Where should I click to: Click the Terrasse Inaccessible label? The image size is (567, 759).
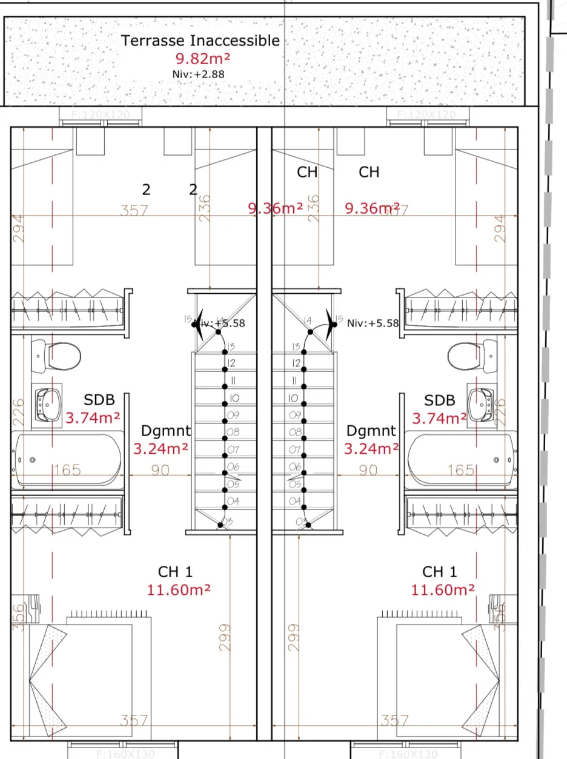click(201, 41)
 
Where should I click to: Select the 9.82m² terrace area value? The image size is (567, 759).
click(203, 59)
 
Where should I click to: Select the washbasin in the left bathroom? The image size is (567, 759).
click(49, 403)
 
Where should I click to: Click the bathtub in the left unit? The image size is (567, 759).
click(67, 460)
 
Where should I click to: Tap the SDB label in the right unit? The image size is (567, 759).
click(440, 400)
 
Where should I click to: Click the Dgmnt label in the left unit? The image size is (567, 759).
click(165, 431)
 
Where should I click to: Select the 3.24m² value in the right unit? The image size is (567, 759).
click(371, 449)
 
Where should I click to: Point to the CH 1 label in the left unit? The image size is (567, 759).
click(175, 572)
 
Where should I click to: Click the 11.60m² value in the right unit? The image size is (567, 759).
click(443, 590)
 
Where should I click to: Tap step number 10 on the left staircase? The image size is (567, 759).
click(234, 398)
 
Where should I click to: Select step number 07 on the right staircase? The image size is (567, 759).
click(295, 449)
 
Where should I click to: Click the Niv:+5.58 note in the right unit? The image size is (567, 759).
click(373, 323)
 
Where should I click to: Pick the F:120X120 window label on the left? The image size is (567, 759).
click(100, 114)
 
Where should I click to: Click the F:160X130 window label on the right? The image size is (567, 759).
click(407, 754)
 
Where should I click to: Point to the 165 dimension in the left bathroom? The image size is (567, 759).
click(67, 470)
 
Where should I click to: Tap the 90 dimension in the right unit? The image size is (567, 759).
click(368, 470)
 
